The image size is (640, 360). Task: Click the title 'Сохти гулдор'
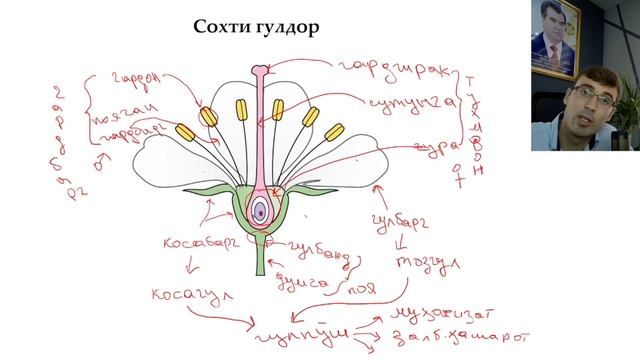(x=256, y=28)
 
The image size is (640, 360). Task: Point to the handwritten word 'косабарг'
(x=204, y=244)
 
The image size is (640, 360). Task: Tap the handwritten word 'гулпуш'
(x=319, y=331)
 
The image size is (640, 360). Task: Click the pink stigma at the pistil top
(x=260, y=71)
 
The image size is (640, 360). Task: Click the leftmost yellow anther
(x=184, y=132)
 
